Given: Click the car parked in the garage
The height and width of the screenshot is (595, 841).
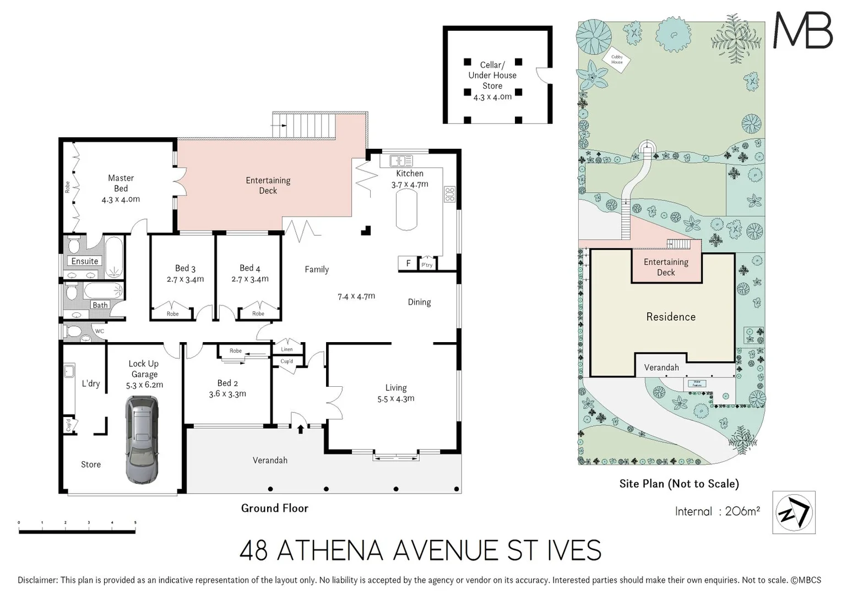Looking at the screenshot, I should coord(142,440).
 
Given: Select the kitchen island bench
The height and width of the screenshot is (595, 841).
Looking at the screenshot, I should coord(406,210).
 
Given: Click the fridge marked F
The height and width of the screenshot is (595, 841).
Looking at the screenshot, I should coord(408,263).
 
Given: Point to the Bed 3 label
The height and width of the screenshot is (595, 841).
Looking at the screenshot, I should coord(185,268).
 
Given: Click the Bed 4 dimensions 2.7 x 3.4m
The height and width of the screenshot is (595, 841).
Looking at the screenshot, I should coord(250,279).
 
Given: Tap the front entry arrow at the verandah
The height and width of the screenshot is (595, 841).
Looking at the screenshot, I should coord(300,428).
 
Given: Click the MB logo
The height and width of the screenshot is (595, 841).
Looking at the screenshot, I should coord(802,30).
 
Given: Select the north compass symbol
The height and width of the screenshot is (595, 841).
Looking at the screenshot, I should coord(794,512).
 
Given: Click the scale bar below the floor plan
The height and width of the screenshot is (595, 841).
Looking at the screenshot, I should coord(77,531).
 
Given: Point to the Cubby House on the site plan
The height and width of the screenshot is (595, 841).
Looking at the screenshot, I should coord(617,59).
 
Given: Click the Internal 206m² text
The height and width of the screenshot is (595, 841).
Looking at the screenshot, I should coord(717,511).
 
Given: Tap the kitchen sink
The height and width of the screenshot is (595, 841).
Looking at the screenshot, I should coord(401,161).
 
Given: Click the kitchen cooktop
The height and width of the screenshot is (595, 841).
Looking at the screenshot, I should coord(449,194).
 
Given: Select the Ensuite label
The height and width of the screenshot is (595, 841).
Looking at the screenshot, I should coord(84,261).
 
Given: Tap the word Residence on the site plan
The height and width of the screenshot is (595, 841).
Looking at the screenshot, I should coord(670,317).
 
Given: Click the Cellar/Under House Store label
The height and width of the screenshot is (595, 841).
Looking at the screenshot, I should coord(492,75).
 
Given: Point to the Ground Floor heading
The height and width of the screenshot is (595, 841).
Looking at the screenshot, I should coord(274,508).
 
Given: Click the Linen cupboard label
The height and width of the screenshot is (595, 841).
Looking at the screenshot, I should coord(287,349).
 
